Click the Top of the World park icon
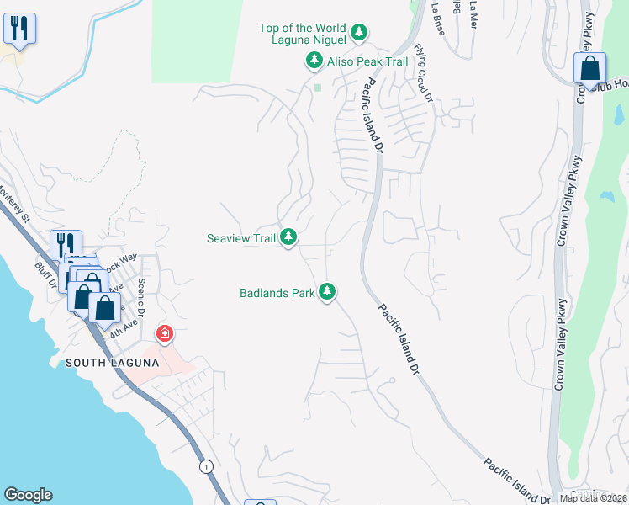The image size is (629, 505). coord(359,33)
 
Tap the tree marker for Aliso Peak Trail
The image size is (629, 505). coord(314,61)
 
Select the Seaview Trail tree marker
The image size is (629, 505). coord(288,238)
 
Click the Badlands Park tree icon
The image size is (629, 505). coord(327,293)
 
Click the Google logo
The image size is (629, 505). coord(28,495)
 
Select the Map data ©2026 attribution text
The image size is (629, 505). coord(593,498)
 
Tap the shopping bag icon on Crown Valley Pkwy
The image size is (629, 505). coord(589,67)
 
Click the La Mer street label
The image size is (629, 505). coord(473,11)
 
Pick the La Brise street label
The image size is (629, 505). coord(437,17)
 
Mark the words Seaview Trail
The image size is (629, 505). coord(241,238)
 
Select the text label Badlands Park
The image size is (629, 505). coord(277,293)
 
